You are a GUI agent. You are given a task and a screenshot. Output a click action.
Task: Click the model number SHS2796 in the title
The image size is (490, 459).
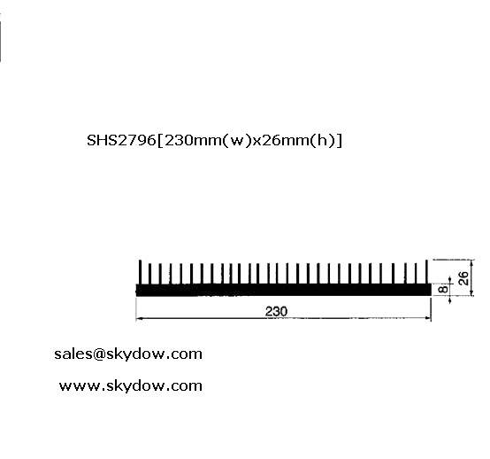[121, 140]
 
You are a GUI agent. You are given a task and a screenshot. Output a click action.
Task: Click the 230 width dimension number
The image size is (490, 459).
[276, 311]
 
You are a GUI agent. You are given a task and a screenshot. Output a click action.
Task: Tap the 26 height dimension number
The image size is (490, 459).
[463, 278]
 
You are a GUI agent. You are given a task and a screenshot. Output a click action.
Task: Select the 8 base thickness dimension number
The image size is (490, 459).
[443, 289]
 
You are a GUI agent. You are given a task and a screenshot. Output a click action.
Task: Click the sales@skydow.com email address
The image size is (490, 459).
[128, 354]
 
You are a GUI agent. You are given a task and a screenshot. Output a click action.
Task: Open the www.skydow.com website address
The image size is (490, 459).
[131, 385]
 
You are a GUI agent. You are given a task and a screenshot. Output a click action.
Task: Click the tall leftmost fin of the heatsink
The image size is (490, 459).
[140, 272]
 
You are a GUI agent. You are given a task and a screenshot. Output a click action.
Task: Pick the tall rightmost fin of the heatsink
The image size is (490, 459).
[427, 272]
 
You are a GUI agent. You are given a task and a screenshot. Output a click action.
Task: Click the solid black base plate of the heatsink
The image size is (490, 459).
[283, 290]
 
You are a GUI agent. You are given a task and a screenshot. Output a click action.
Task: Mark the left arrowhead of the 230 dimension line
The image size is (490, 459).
[140, 318]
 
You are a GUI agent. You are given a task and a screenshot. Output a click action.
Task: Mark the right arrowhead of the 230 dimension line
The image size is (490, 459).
[427, 318]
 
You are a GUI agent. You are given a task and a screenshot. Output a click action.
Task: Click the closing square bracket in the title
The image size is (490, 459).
[339, 141]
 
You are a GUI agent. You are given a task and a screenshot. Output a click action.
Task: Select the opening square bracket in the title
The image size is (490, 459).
[160, 141]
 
